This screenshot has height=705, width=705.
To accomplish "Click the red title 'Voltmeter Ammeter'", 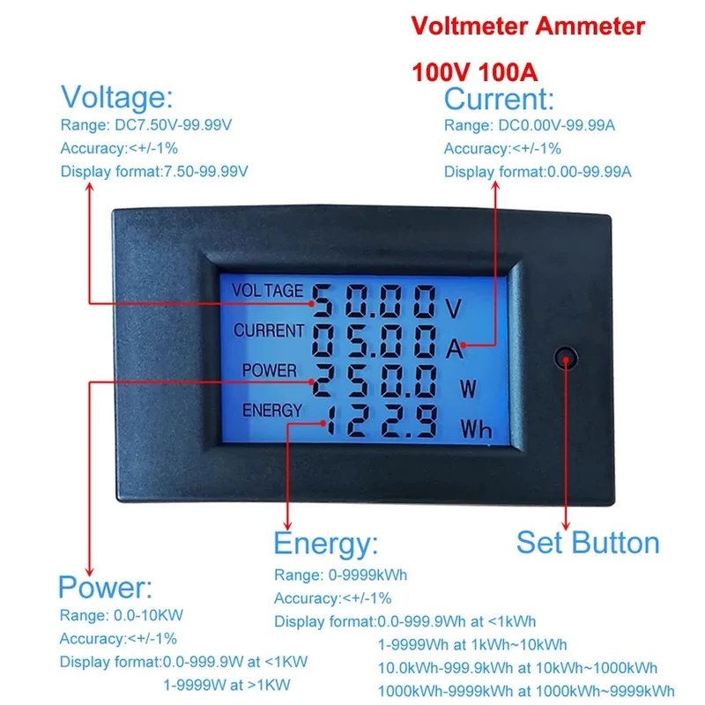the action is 528,26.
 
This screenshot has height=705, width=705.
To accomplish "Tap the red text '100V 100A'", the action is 475,72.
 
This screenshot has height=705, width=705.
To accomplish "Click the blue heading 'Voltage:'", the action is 117,97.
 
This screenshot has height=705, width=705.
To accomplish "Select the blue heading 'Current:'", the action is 499,99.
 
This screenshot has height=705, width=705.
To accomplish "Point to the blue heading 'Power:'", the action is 106,587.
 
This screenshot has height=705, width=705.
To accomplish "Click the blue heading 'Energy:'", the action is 326,544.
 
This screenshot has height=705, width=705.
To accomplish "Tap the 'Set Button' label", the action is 588,543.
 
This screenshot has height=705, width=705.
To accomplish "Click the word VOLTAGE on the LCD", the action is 268,291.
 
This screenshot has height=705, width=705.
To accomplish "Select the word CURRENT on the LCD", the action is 269,330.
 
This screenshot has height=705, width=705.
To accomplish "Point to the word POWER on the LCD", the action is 270,370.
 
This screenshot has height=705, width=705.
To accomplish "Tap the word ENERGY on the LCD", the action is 272,410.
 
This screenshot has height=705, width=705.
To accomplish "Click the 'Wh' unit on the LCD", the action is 476,428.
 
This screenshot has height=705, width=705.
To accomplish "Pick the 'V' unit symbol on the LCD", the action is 453,308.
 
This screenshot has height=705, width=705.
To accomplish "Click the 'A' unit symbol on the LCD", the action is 454,348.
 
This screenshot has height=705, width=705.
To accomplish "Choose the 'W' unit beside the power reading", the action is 468,389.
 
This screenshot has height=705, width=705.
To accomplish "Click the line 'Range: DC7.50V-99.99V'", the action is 146,124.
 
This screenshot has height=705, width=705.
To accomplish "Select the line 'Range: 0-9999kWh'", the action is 340,575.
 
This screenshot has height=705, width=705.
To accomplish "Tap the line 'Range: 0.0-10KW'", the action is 122,615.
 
